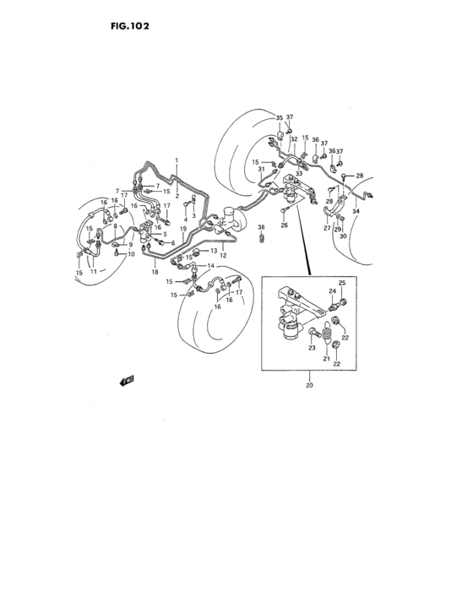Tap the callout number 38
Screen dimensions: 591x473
click(261, 228)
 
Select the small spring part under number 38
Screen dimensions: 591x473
click(261, 241)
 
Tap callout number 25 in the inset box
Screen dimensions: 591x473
click(342, 282)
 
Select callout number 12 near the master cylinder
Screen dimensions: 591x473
click(225, 256)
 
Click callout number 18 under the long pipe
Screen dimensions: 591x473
click(155, 273)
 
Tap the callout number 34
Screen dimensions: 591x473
click(356, 211)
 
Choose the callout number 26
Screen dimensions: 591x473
click(284, 225)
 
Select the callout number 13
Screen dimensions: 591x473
click(214, 250)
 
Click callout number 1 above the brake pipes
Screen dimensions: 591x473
click(177, 160)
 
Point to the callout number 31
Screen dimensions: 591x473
click(261, 169)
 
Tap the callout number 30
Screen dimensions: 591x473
click(343, 236)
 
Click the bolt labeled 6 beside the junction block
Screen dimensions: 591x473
click(160, 241)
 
